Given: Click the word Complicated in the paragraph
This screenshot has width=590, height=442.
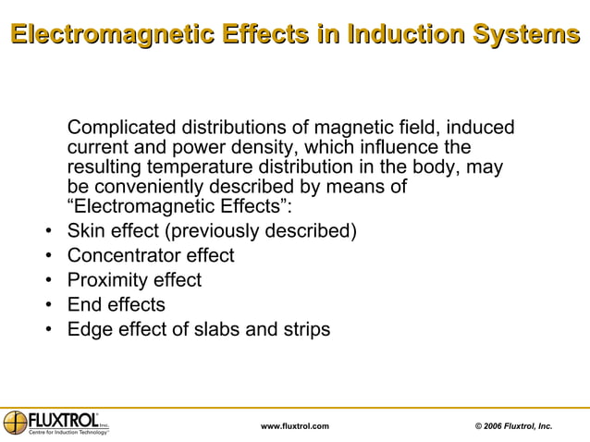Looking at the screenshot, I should pyautogui.click(x=121, y=128).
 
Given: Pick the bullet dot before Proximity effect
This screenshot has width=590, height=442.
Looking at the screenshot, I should pyautogui.click(x=47, y=281).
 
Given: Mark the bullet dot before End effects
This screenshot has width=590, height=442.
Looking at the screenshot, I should pyautogui.click(x=47, y=306).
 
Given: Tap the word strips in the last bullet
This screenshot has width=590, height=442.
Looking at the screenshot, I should pyautogui.click(x=303, y=330).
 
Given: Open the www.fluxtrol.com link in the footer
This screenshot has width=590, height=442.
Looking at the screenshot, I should pyautogui.click(x=295, y=425).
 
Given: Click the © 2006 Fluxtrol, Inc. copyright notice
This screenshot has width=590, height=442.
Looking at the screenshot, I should pyautogui.click(x=513, y=425).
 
